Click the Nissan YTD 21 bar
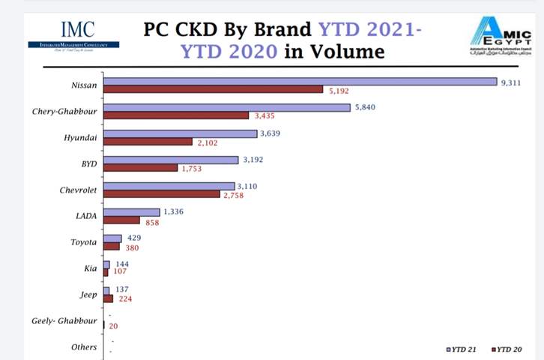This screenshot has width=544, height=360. tap(300, 82)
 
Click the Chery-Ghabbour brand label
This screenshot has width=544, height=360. tap(64, 112)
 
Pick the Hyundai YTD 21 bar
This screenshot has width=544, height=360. tap(180, 133)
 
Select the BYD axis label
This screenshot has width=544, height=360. tap(87, 163)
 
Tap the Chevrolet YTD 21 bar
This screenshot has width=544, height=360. tap(169, 186)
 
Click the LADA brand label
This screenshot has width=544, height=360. tap(85, 216)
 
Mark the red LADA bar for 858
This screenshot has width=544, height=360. tap(121, 220)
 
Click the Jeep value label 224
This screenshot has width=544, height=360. tap(125, 298)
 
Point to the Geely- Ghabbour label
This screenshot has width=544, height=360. tap(64, 321)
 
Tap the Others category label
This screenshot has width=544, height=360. tap(83, 347)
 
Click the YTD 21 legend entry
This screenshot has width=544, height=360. tap(462, 349)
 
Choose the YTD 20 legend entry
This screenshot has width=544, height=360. tap(507, 349)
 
